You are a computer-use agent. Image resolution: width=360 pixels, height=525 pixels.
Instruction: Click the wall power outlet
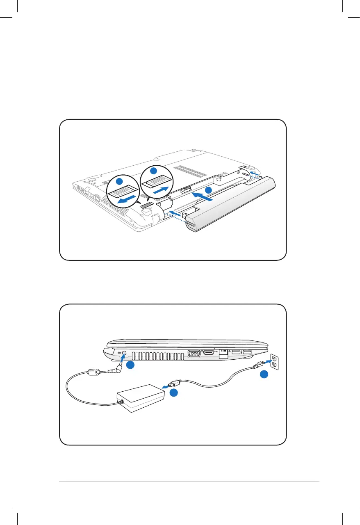(274, 361)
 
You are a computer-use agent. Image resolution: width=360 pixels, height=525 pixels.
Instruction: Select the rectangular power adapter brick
(139, 398)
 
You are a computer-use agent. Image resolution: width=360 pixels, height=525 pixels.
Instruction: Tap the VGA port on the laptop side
(194, 354)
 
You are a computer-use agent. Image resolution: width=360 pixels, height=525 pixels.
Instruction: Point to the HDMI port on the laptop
(209, 353)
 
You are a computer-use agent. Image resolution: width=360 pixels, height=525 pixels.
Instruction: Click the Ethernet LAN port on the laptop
(224, 354)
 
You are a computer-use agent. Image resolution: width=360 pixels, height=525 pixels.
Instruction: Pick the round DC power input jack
(124, 352)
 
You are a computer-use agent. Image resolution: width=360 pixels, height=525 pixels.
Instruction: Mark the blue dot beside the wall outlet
(265, 374)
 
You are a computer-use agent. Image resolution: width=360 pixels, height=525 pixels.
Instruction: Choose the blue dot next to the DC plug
(131, 365)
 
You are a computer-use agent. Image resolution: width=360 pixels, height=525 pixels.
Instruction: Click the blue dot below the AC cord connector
(173, 393)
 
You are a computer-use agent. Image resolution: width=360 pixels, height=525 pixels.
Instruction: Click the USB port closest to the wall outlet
(248, 352)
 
